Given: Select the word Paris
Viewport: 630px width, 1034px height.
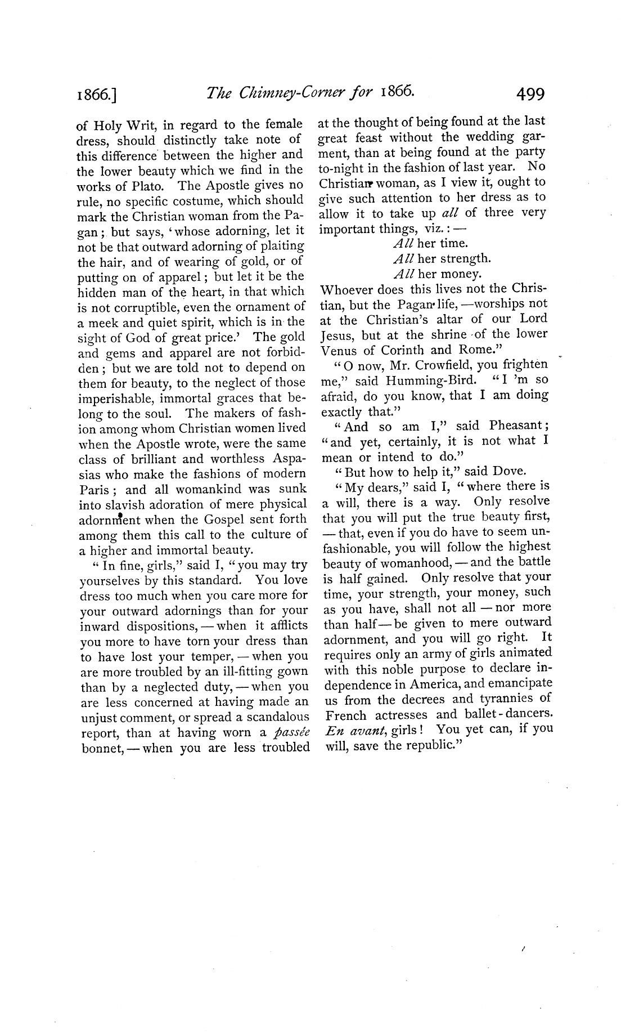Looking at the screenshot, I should (x=96, y=489).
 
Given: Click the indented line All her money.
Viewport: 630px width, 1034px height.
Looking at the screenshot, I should (x=436, y=274).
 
